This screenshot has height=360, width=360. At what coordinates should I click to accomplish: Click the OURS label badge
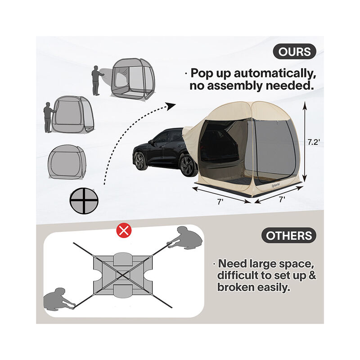pos(294,51)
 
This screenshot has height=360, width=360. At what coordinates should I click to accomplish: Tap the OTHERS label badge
pos(288,235)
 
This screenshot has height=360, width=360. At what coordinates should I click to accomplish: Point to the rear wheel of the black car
pos(188,166)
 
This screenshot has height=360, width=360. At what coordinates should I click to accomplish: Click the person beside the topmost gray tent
pos(96,80)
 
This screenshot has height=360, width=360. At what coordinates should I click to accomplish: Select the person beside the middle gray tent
pos(48,117)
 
